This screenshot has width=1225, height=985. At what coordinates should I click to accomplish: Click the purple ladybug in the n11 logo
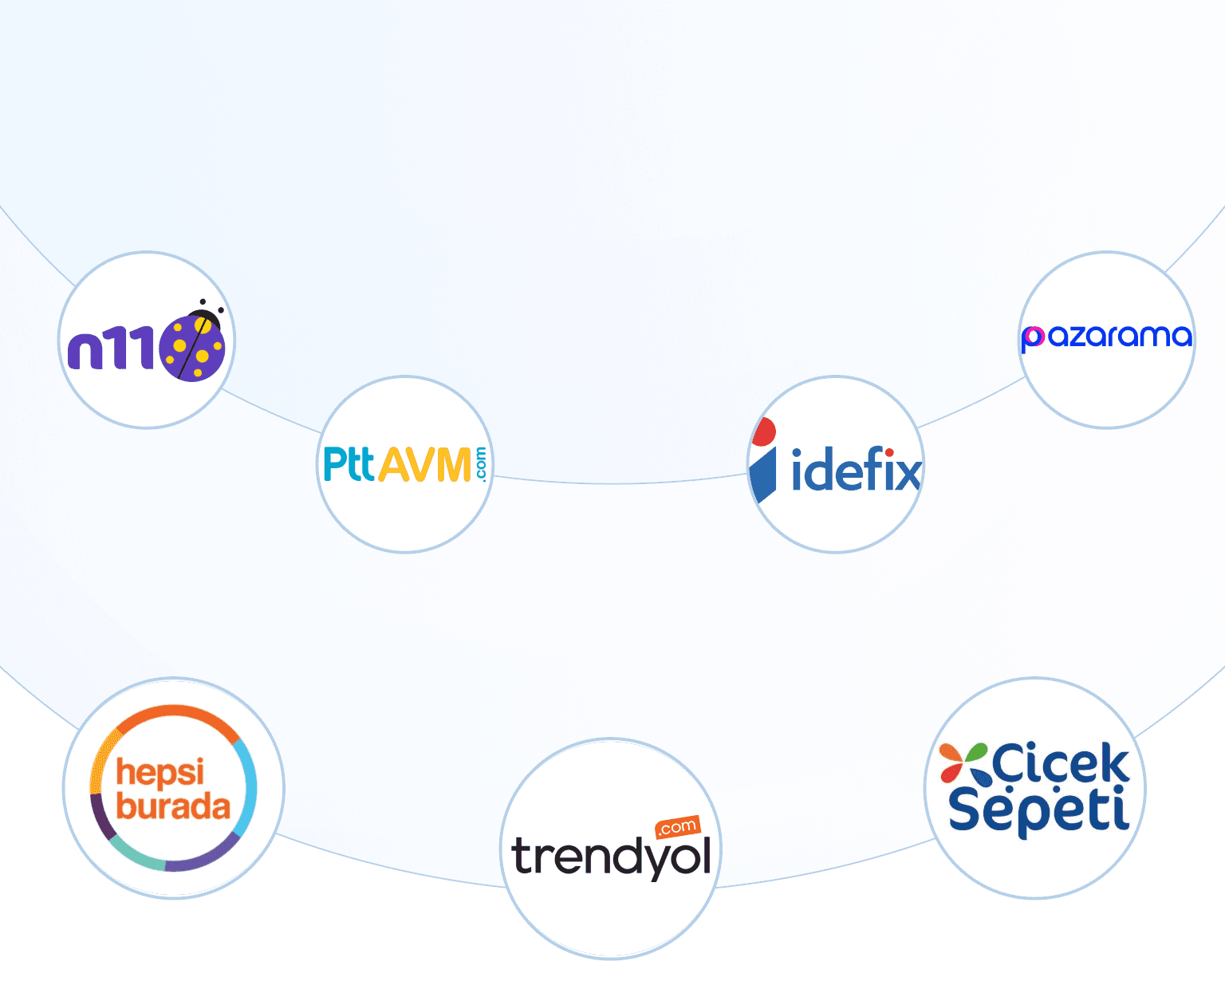point(192,347)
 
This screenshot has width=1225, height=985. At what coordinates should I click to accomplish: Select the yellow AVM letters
point(424,464)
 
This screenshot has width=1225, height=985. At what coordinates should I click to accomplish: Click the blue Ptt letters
point(349,464)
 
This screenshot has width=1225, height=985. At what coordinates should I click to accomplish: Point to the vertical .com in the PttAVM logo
point(481,464)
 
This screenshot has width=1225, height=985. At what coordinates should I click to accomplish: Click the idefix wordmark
point(856,471)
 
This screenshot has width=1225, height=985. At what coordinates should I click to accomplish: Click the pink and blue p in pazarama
point(1033,338)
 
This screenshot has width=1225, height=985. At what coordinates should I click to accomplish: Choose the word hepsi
point(160,772)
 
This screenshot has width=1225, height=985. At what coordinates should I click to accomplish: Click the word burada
point(173,806)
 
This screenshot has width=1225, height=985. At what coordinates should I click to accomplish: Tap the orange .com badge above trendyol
point(677,827)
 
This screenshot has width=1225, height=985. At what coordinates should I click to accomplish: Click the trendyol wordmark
point(611,857)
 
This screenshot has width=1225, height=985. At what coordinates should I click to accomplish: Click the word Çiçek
point(1061,764)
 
